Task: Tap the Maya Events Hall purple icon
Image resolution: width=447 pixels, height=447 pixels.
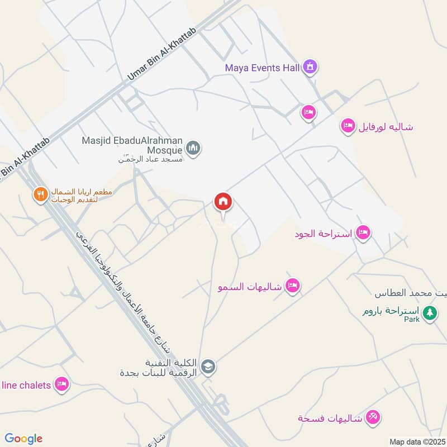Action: point(310,68)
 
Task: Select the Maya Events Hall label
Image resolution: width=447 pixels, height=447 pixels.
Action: point(263,68)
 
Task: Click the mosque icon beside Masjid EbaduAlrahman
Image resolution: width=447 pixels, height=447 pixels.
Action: point(193,148)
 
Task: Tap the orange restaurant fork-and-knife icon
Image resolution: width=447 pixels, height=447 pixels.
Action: point(39,194)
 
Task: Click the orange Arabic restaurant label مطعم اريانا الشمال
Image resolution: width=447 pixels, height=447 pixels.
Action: point(81,195)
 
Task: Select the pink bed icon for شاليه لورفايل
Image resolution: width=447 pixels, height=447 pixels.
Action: point(348,126)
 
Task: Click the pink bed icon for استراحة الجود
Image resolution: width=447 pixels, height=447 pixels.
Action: point(364,232)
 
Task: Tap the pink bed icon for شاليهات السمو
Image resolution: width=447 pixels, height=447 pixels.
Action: point(292,286)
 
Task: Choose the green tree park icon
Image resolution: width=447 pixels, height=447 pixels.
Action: point(429,313)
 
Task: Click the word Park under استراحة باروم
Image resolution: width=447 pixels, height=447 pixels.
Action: point(412,320)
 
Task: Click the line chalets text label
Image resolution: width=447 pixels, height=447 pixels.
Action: point(27,384)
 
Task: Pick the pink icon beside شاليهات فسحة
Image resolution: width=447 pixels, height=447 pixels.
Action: point(374,417)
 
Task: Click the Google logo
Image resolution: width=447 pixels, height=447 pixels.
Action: point(23,439)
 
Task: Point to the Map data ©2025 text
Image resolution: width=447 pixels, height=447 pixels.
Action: point(417,441)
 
